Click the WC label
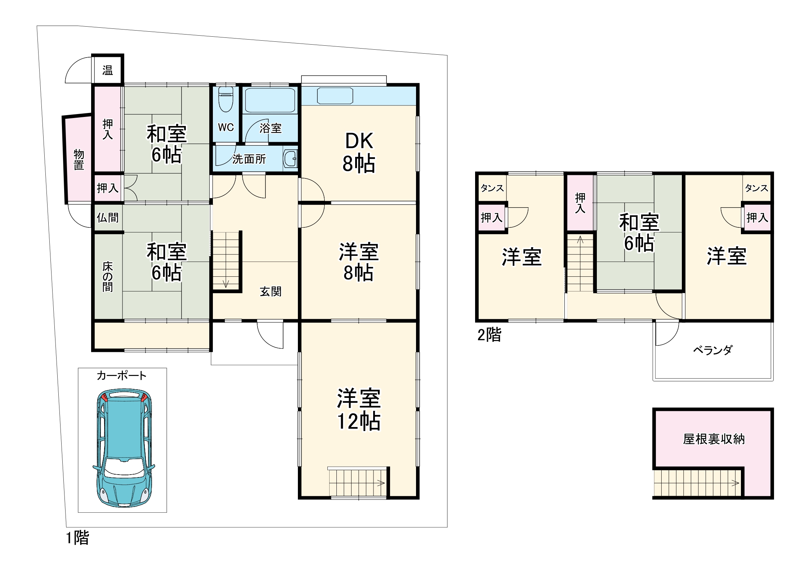coord(226,127)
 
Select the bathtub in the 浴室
coord(270,100)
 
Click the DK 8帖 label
coord(359,153)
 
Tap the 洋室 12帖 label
coord(359,409)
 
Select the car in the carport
coord(124,448)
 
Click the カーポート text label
coord(122,376)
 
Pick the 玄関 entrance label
coord(271,291)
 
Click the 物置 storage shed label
coord(79,160)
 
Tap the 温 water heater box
coord(107,70)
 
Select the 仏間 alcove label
coord(107,218)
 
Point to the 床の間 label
coord(107,277)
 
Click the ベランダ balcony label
coord(713,350)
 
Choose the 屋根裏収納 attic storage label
coord(714,439)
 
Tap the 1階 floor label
coord(77,538)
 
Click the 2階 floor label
coord(489,335)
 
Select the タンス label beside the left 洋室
coord(492,188)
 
